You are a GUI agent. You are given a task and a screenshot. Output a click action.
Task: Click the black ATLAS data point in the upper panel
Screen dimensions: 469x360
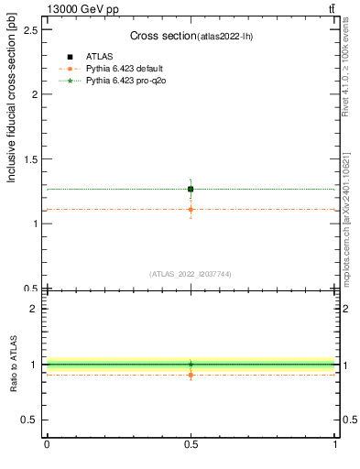[191, 189]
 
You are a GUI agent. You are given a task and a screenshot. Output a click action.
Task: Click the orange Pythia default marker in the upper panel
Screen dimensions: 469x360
[191, 210]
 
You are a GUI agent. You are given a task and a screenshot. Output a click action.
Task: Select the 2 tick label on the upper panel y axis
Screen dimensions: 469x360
[35, 94]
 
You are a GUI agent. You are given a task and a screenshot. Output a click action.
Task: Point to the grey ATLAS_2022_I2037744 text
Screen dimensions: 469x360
[191, 274]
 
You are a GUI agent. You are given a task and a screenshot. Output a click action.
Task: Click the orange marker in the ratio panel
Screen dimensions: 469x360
[191, 375]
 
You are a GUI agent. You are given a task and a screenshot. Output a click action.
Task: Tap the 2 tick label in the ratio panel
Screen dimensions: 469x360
[35, 310]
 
